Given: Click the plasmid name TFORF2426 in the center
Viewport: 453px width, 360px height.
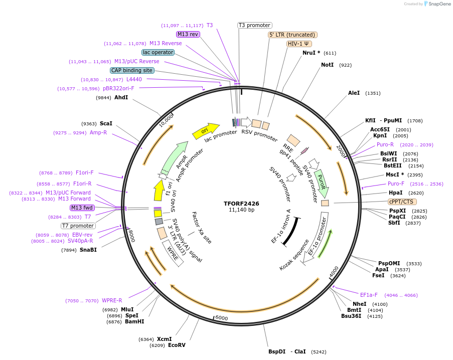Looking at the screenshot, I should pos(241,204).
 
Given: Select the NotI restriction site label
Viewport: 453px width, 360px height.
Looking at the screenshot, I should pos(327,65).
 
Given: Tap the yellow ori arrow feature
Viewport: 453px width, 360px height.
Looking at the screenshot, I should pos(206,131).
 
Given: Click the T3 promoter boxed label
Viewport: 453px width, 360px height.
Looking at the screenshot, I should pos(254,25).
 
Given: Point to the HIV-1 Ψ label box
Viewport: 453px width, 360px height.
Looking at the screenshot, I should pos(298,44).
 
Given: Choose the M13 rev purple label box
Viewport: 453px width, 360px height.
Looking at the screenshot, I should pos(188,34).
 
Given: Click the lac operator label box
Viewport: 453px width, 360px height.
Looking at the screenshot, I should pos(158,52).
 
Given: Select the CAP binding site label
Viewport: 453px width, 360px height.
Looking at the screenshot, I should pos(132,70).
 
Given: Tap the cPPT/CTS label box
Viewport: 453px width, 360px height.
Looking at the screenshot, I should pos(402,202).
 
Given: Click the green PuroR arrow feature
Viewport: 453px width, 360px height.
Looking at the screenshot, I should pos(321,183).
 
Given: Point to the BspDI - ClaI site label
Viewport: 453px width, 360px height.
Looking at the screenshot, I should pos(287,351).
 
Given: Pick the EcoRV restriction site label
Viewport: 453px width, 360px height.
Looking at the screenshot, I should pos(177,345).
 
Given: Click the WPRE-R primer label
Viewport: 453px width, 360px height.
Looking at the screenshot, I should pos(112,300).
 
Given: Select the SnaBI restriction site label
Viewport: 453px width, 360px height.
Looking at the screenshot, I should pos(88,250).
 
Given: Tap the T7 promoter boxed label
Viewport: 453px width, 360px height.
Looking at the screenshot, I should pos(78,226).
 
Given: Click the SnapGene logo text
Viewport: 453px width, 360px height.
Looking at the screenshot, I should pos(438,4).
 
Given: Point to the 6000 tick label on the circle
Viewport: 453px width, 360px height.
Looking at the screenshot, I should pos(221,318).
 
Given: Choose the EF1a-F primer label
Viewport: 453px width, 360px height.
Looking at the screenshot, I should pos(369,295).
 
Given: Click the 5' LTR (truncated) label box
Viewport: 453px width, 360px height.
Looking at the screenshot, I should pos(292,35).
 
